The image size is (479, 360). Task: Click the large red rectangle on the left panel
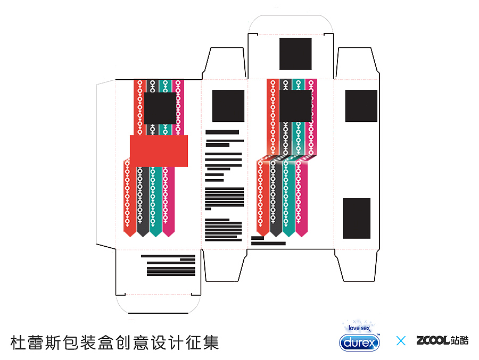tap(159, 151)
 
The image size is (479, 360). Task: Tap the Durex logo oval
tap(360, 342)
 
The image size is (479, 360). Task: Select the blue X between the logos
tap(401, 340)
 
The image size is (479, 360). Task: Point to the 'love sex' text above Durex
tap(359, 328)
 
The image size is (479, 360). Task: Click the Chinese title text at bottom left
tap(114, 342)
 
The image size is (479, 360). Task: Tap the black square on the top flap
tap(295, 54)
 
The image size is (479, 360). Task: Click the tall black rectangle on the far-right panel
tap(357, 218)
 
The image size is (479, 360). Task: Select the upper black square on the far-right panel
tap(361, 106)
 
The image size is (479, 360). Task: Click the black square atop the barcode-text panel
tap(228, 106)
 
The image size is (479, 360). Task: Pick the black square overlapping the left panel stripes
tap(160, 108)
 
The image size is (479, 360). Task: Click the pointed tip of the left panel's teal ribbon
tap(156, 237)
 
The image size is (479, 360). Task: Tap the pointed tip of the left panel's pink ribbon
tap(169, 237)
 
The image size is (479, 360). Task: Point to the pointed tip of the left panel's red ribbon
tap(130, 237)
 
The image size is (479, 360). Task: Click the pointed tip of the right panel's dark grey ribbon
tap(276, 237)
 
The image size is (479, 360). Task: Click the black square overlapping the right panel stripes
tap(295, 106)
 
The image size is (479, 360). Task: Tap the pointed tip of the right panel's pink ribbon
tap(302, 237)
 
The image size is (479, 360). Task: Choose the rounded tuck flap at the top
tap(291, 24)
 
